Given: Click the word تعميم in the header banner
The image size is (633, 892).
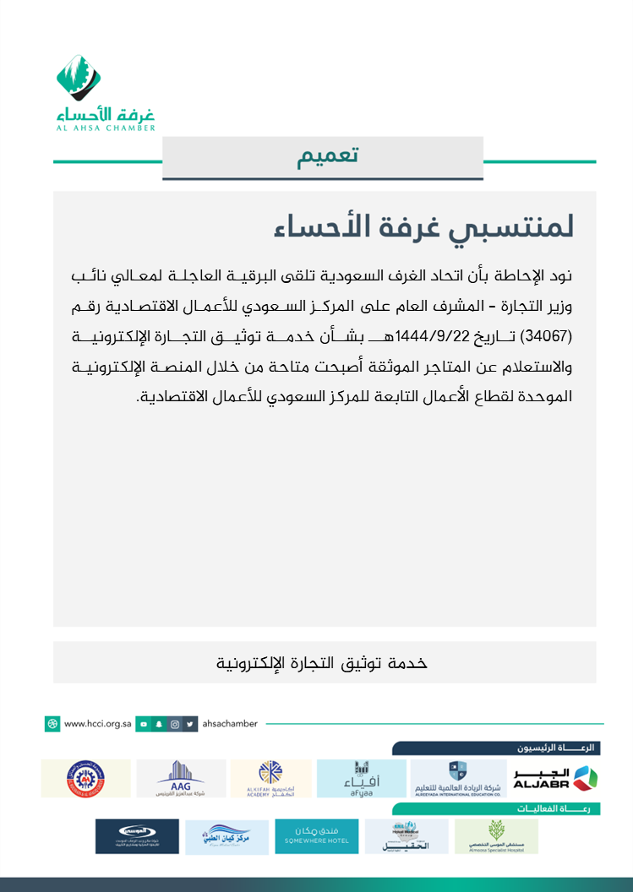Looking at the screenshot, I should (328, 156).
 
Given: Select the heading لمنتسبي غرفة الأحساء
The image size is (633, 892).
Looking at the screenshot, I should (424, 226).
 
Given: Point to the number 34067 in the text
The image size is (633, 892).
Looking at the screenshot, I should (548, 335).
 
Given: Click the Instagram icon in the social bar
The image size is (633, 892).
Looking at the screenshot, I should (175, 724).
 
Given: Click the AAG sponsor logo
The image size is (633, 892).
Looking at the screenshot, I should (181, 779).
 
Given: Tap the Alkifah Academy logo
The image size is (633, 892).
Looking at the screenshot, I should (271, 779).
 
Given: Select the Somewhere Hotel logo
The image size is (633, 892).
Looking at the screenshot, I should (317, 836).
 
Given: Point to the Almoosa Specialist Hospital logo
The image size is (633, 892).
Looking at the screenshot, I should (496, 836).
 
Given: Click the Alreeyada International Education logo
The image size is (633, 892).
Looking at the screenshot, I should (457, 779).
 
